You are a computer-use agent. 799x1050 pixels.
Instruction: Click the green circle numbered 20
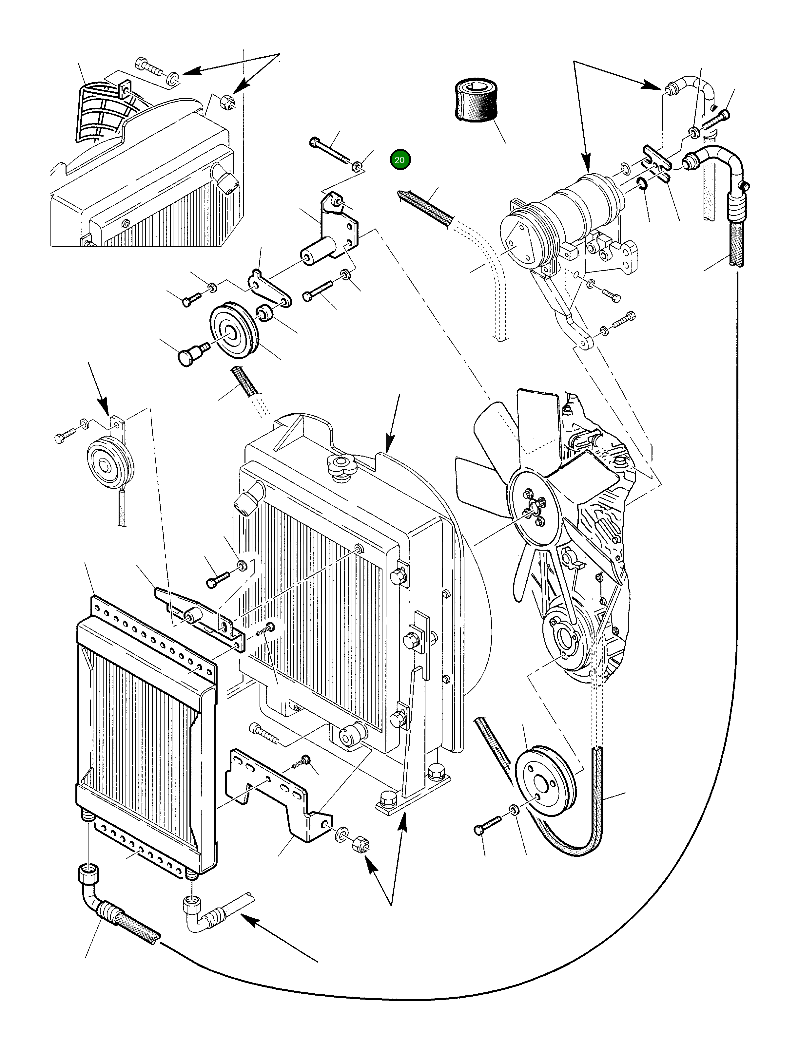[399, 160]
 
